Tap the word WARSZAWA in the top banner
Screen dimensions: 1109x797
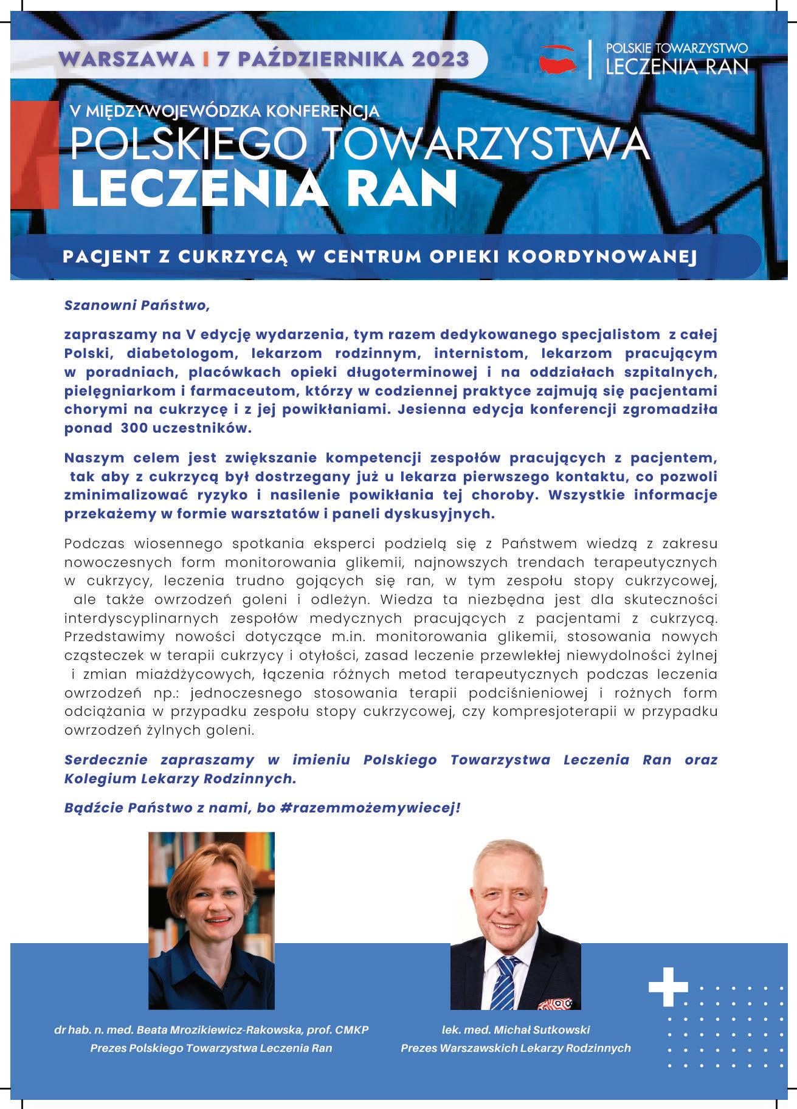(x=128, y=59)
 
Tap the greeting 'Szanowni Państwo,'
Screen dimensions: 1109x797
(x=137, y=305)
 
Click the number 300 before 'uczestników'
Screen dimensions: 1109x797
(x=139, y=428)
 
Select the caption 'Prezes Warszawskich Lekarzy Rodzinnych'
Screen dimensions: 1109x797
(x=516, y=1048)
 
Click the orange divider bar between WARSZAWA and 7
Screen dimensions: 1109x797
(x=207, y=59)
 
